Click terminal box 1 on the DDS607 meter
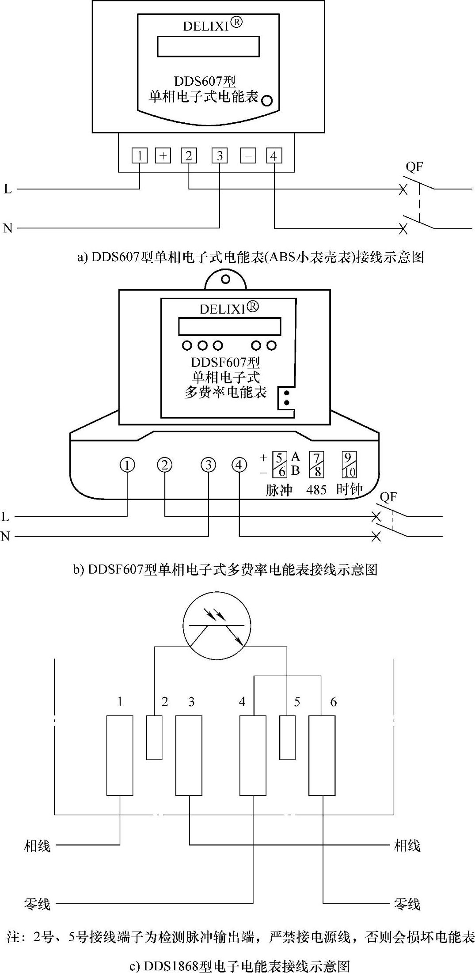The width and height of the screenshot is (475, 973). coord(140,155)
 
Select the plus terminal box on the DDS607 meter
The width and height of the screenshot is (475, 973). coord(163,155)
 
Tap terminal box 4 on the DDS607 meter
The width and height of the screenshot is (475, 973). coord(274,155)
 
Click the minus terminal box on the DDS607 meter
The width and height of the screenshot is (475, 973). coord(248,155)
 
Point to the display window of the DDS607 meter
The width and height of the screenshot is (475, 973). coord(208,46)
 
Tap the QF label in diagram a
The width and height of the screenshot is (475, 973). coord(414,167)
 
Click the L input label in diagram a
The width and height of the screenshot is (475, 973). coord(8,189)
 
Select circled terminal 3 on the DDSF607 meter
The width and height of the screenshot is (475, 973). coord(209,465)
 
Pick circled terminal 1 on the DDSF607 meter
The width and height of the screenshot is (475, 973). coord(127,465)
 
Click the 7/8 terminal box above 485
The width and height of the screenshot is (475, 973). coord(317,465)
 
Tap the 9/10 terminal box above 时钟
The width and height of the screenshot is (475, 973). coord(349,465)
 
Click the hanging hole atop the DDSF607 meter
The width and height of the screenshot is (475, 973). coord(225,280)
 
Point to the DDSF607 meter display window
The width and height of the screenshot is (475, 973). coord(229,326)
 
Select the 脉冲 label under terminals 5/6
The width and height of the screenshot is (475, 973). coord(279,490)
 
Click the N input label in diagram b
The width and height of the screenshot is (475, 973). coord(5,536)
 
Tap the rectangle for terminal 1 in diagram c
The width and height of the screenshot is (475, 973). coord(120,755)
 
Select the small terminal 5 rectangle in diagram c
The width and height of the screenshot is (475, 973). coord(287,737)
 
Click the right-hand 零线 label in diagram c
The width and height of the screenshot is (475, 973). coord(407,904)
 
